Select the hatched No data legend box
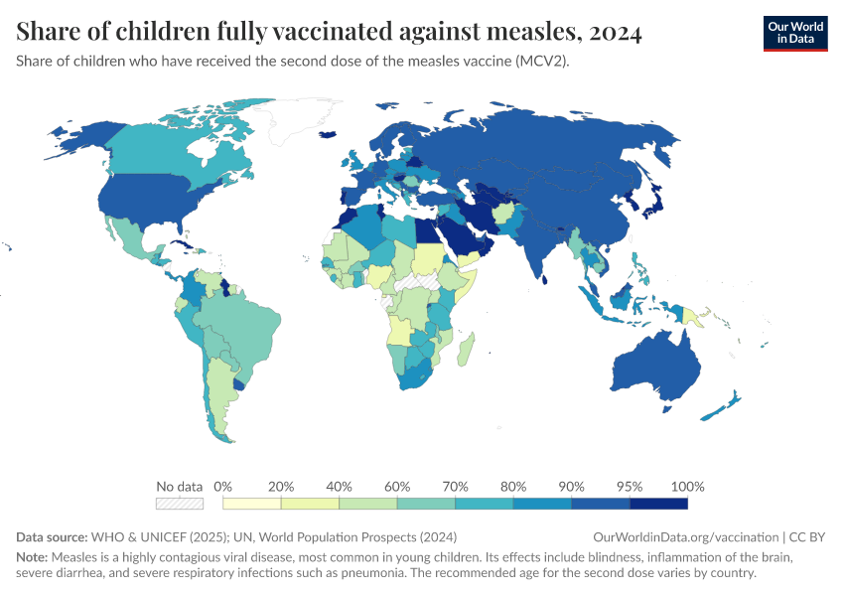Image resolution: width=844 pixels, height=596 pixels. (x=180, y=504)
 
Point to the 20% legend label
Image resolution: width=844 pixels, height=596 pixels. (x=281, y=487)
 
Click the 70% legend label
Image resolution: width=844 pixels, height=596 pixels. (x=456, y=487)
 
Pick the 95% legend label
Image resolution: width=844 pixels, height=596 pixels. (x=630, y=487)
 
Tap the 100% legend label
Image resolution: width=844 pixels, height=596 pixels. (x=687, y=487)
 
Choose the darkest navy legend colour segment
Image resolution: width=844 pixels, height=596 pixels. (x=658, y=504)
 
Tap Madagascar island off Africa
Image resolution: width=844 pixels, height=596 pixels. (x=467, y=349)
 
